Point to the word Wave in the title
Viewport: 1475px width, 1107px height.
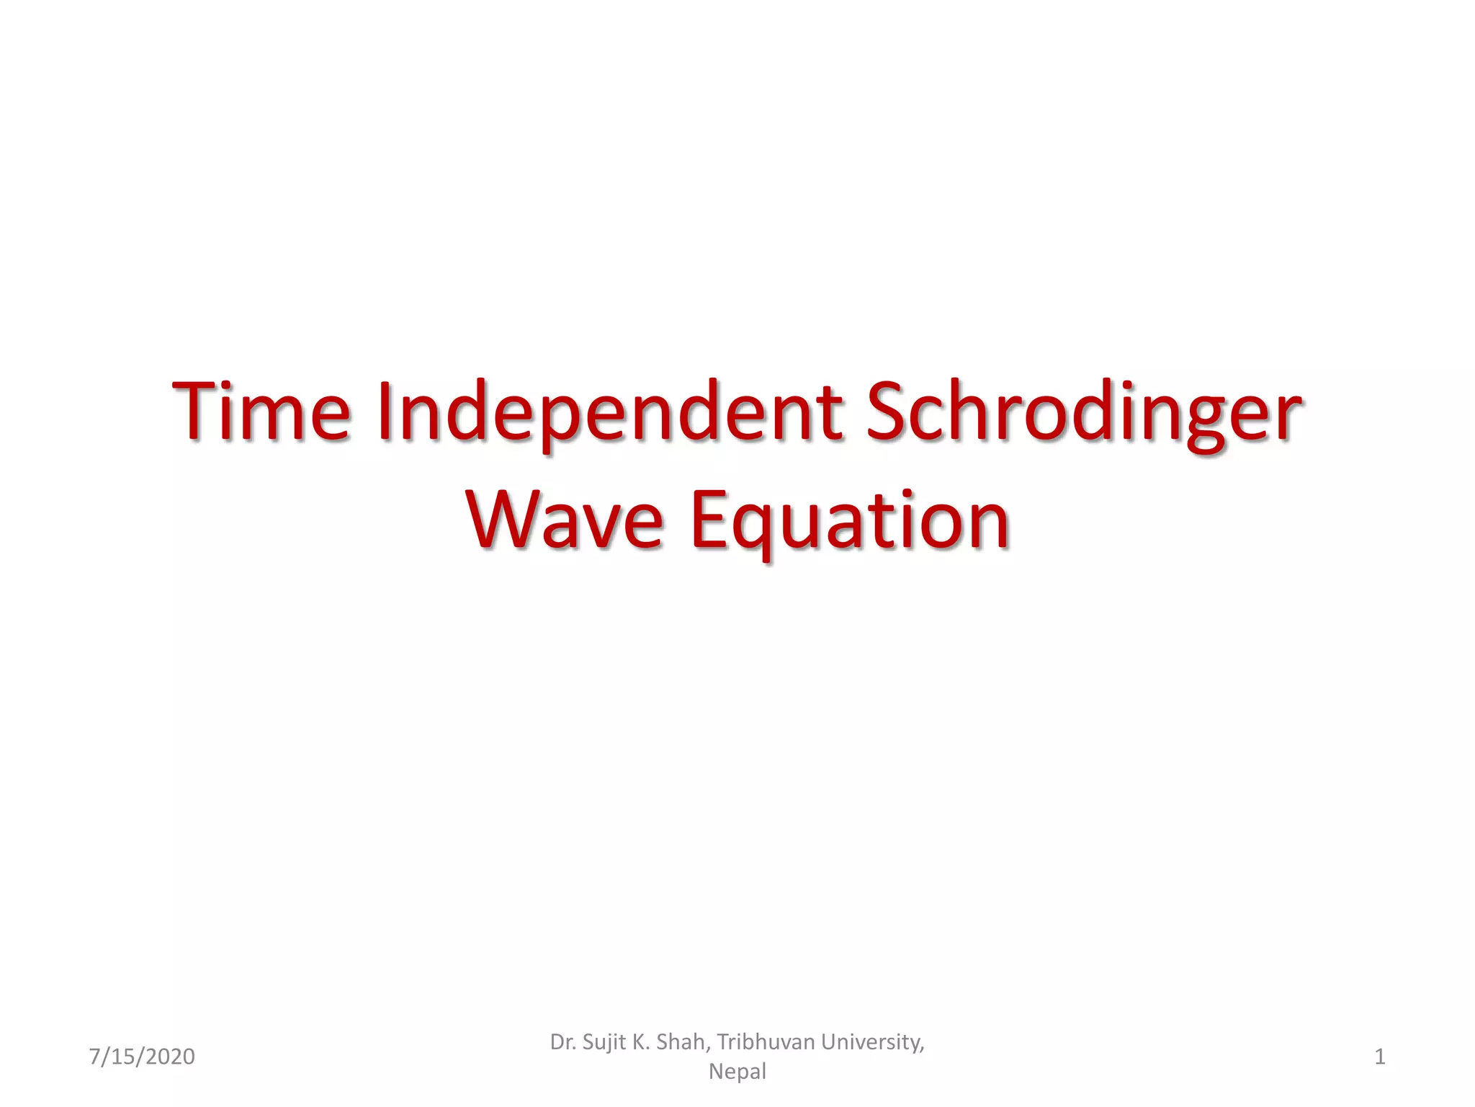click(x=565, y=520)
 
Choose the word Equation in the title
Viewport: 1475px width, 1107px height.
click(x=850, y=520)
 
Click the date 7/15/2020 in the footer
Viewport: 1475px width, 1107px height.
click(x=142, y=1057)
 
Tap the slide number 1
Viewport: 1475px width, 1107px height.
click(x=1380, y=1057)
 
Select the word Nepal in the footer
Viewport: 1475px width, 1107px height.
click(x=737, y=1072)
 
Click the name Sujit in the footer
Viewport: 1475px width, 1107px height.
click(x=604, y=1042)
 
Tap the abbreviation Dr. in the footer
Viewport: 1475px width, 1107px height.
click(x=562, y=1042)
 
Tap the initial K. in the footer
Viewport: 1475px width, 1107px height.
click(x=641, y=1042)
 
